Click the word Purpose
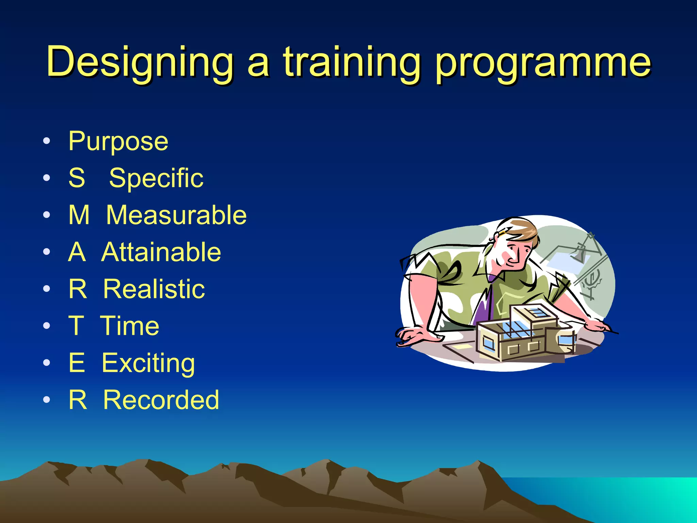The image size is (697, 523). point(118,141)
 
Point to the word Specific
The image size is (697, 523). point(156,178)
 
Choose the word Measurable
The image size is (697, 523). point(176,215)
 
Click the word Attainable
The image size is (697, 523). point(161,252)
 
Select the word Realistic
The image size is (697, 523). point(154,289)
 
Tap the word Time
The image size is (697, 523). point(130,326)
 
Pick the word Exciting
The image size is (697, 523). point(148,363)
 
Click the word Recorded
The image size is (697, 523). point(161,400)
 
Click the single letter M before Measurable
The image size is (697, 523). point(79,215)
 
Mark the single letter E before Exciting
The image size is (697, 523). point(77,363)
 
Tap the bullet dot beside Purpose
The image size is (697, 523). point(47,141)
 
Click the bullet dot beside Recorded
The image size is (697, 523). point(47,399)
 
